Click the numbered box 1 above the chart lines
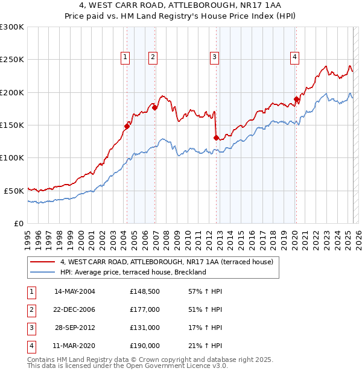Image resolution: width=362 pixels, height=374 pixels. (125, 57)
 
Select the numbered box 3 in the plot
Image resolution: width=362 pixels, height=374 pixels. (214, 57)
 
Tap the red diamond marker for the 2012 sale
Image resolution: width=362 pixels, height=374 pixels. (216, 138)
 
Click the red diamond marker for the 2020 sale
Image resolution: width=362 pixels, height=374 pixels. (296, 99)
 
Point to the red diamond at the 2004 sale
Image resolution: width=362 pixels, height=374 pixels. (127, 126)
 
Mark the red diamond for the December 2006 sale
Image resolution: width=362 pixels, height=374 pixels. (155, 107)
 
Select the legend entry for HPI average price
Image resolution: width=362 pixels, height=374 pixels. (133, 272)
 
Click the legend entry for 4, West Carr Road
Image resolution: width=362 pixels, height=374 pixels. (167, 262)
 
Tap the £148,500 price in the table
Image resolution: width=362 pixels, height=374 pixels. (144, 291)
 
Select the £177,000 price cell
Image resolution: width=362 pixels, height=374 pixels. (144, 309)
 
